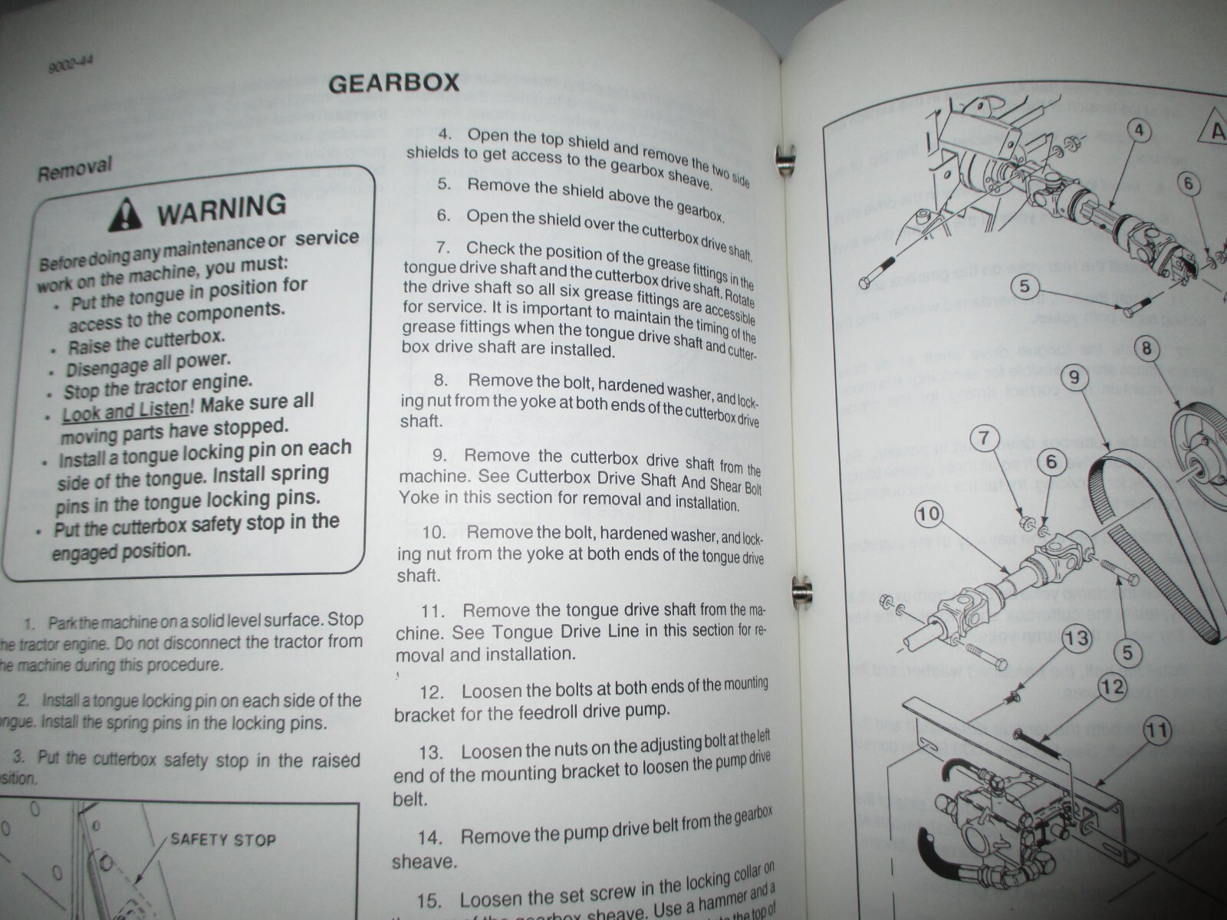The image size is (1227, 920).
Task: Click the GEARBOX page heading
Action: click(393, 83)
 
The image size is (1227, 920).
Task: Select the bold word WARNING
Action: click(222, 208)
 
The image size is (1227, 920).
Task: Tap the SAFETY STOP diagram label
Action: click(222, 839)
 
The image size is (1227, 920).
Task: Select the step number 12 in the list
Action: click(433, 692)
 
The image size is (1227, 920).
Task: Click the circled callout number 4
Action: click(1139, 130)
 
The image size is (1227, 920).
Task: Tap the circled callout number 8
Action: click(1146, 350)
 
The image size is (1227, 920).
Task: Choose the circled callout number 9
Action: click(1074, 376)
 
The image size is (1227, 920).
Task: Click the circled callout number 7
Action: click(985, 439)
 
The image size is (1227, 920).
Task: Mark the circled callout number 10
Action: click(928, 513)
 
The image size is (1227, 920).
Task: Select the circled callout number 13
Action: click(1076, 637)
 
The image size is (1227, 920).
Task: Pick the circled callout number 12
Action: click(1114, 686)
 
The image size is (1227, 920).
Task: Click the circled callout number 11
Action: click(1159, 730)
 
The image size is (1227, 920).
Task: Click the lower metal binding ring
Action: click(800, 590)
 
